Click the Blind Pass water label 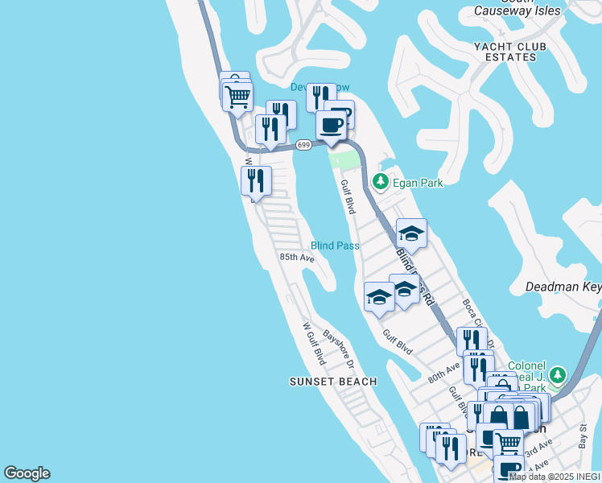point(335,246)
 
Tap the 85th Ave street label point(296,258)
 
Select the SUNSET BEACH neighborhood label point(333,382)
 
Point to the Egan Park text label point(419,184)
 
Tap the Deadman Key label point(563,287)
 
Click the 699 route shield point(303,145)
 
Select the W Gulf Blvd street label point(313,344)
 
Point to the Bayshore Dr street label point(339,345)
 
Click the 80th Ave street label point(443,371)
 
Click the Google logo point(27,473)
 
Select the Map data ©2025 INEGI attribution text point(555,477)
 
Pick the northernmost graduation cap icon point(411,233)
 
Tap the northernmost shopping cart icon point(237,96)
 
